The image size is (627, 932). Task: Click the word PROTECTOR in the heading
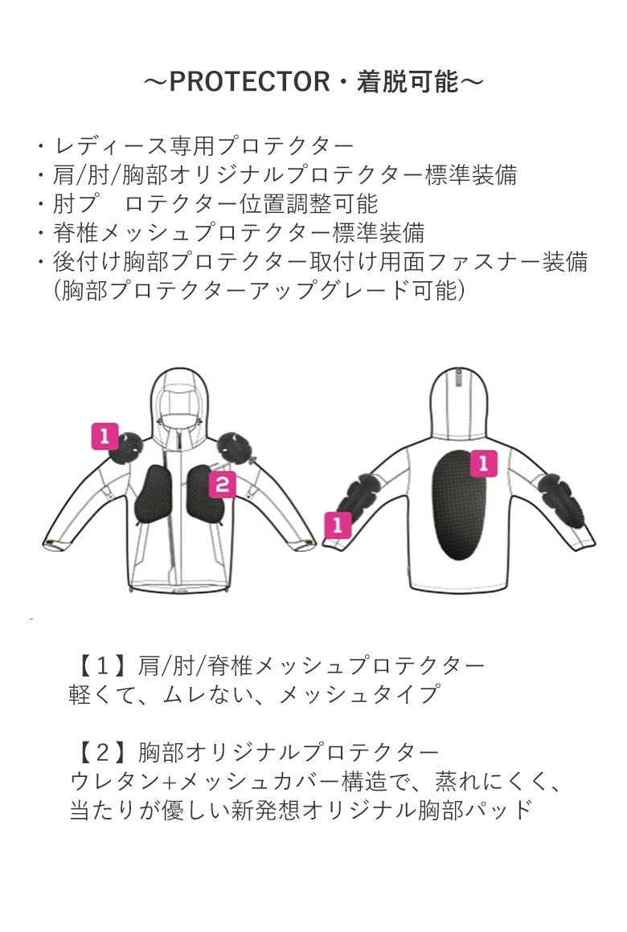249,82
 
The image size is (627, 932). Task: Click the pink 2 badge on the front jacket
222,485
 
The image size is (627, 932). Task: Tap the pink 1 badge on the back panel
484,463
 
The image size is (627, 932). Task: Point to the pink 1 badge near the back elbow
338,525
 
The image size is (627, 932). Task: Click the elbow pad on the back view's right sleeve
560,498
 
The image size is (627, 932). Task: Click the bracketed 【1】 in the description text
102,666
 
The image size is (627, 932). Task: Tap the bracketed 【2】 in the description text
102,753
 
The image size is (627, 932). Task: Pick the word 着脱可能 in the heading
408,82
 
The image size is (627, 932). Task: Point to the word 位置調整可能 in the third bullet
308,204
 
